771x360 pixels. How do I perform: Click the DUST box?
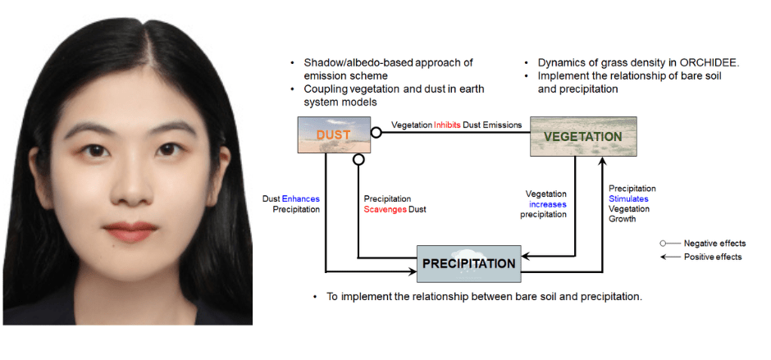coord(334,134)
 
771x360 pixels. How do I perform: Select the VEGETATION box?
coord(583,136)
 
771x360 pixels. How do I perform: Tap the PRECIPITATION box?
coord(468,263)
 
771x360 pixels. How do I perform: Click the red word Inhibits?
coord(447,125)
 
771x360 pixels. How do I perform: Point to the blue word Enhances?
coord(300,199)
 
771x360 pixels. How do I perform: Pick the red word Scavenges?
coord(385,209)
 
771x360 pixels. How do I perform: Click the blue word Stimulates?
coord(628,198)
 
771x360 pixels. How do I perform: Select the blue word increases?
coord(548,204)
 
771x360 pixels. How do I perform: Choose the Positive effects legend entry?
coord(701,257)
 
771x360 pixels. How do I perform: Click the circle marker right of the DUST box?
coord(376,132)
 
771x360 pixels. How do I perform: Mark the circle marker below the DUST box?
coord(359,159)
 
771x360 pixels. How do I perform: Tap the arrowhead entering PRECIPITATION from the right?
coord(525,256)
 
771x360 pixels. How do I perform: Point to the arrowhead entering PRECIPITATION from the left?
coord(413,271)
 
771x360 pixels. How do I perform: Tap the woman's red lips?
coord(130,231)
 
